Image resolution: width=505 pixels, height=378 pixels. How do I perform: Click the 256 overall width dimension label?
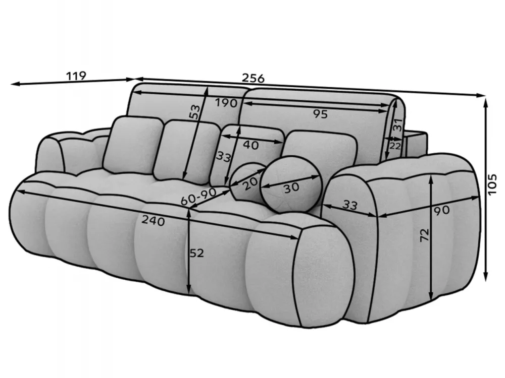pos(253,78)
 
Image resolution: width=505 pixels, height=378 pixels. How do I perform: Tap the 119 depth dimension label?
pos(76,76)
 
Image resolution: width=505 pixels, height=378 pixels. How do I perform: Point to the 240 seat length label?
pos(154,221)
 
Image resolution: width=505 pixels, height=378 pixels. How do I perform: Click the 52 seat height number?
pos(196,254)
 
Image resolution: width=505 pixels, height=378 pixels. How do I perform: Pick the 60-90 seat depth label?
pos(198,197)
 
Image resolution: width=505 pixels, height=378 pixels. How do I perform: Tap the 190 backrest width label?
pos(226,103)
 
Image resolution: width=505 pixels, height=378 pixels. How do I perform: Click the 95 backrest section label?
pos(320,114)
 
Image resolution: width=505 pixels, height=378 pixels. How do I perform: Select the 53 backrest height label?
pos(194,112)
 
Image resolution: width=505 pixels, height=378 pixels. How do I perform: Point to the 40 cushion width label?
pos(250,145)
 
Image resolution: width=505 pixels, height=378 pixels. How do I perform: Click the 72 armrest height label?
pos(425,235)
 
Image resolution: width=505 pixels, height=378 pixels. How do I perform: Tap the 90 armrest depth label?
pos(441,211)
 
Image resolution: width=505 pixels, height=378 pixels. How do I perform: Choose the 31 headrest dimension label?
pos(398,124)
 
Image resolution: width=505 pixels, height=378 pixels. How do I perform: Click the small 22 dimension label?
pos(395,146)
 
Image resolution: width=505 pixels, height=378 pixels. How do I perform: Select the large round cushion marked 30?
pos(291,184)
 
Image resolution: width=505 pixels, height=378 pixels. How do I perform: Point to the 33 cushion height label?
pos(223,157)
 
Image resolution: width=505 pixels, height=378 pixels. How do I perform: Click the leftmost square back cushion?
pos(133,144)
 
